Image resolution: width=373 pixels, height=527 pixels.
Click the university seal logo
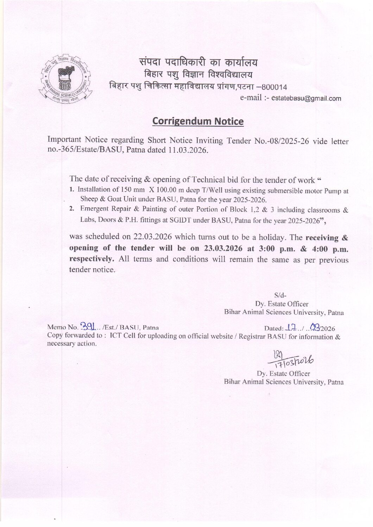(x=66, y=79)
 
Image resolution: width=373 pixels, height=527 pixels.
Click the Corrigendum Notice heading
(x=198, y=121)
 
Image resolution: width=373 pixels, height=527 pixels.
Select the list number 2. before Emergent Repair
(x=71, y=209)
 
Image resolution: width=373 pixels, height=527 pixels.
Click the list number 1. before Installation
(x=71, y=190)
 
